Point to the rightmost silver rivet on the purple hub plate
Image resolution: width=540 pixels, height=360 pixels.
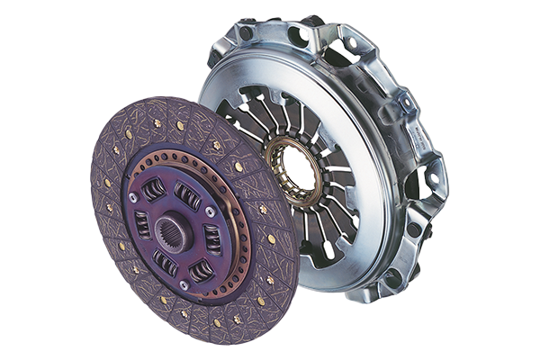point(211,211)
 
